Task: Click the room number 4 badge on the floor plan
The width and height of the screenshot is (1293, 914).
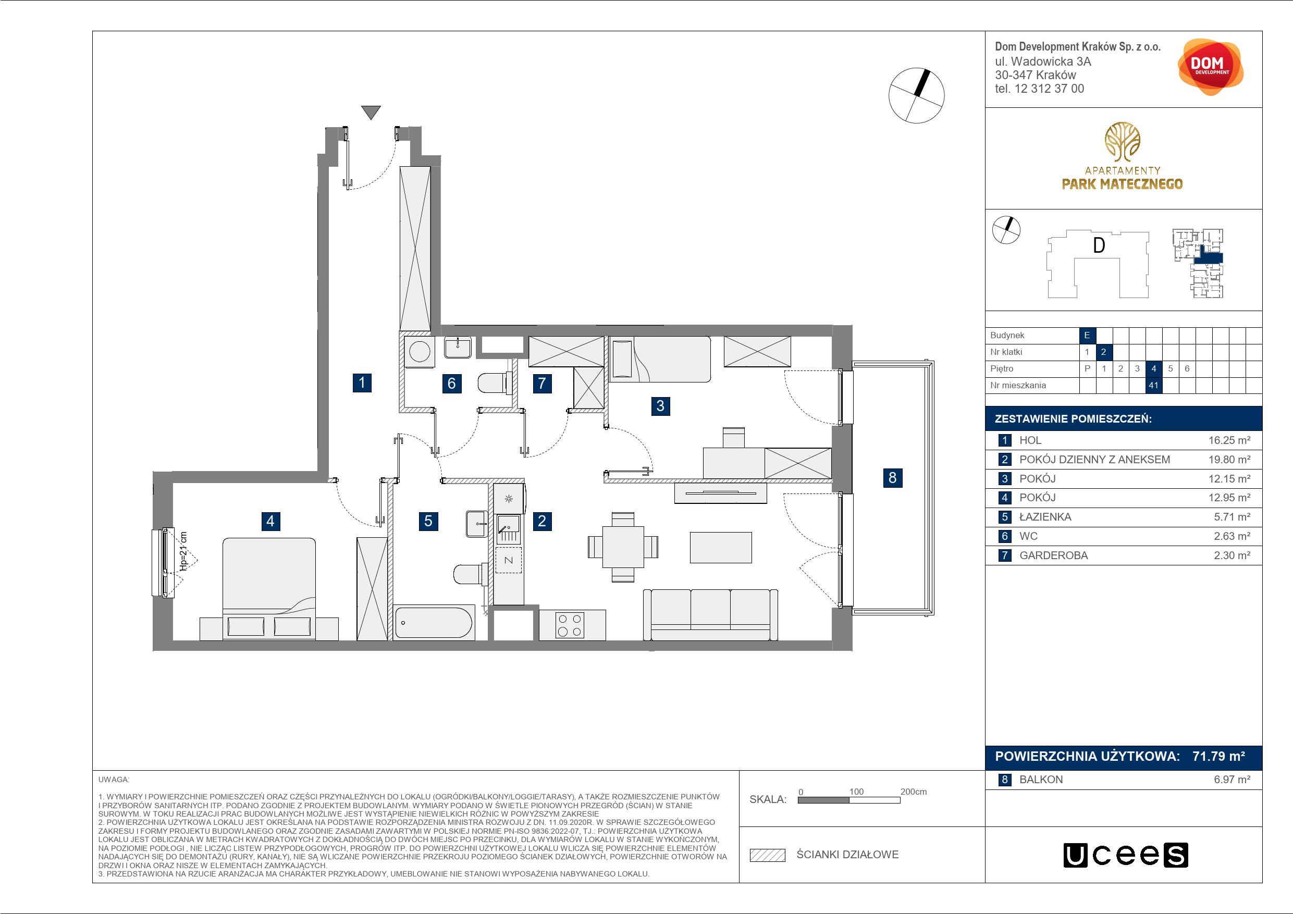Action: tap(270, 521)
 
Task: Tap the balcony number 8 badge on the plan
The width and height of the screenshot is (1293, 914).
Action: tap(892, 477)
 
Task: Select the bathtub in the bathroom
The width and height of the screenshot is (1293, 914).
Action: tap(433, 622)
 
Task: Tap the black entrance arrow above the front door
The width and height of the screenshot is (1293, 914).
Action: tap(371, 112)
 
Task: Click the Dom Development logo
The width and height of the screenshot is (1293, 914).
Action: tap(1210, 67)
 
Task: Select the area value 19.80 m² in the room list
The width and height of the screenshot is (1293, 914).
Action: tap(1229, 460)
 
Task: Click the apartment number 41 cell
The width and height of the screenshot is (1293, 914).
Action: tap(1153, 385)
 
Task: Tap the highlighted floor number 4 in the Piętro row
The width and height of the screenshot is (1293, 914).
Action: tap(1153, 369)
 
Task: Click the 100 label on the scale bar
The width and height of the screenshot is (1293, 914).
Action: tap(856, 791)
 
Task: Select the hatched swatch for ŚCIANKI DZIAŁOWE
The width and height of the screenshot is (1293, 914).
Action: tap(767, 855)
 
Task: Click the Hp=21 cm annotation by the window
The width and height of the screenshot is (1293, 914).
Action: tap(182, 551)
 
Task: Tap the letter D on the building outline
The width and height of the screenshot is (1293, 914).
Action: tap(1099, 245)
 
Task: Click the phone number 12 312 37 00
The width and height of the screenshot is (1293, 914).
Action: tap(1049, 89)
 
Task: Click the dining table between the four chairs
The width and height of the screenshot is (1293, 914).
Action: tap(623, 547)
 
